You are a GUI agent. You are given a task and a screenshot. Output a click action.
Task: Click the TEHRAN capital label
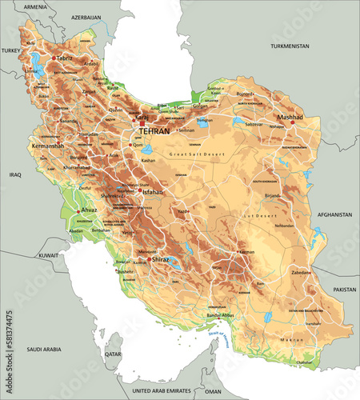(x=154, y=130)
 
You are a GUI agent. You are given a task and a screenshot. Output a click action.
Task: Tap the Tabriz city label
(x=65, y=58)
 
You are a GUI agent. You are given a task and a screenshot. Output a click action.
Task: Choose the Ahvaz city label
(x=89, y=210)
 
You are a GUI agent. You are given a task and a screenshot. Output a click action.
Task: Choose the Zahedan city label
(x=302, y=272)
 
